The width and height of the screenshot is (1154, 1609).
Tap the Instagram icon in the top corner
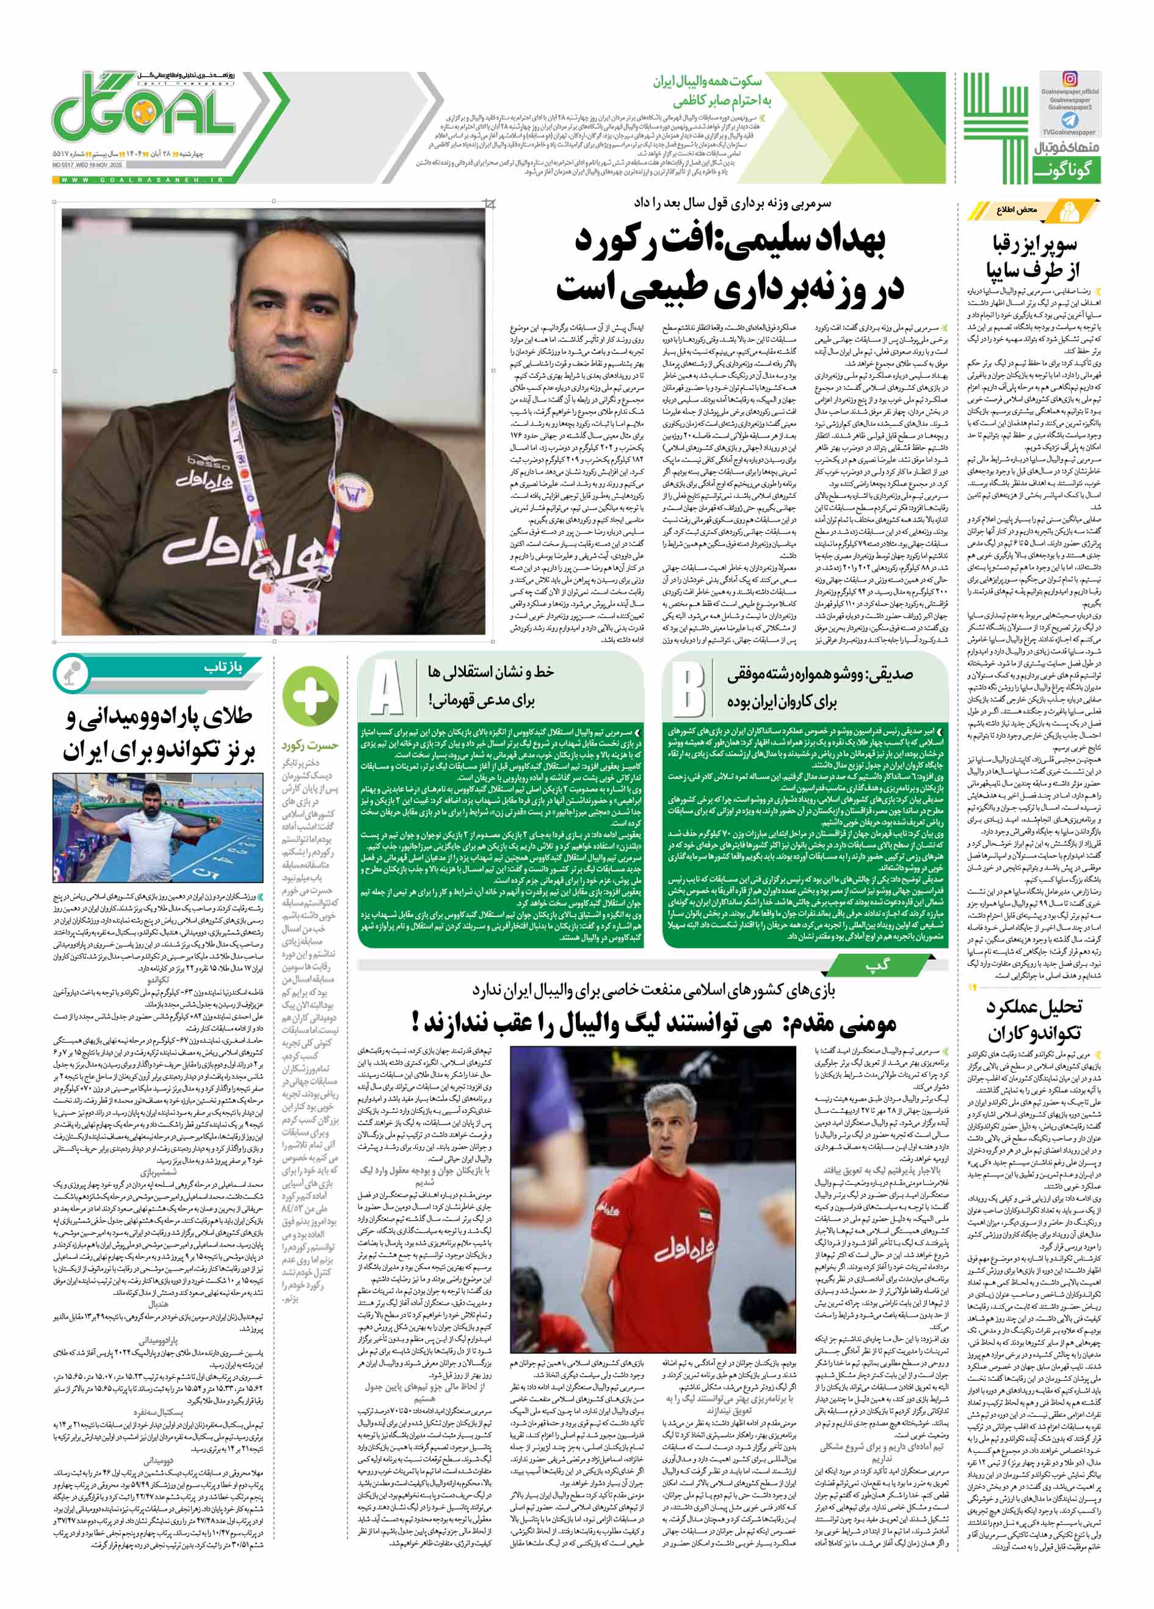tap(1069, 79)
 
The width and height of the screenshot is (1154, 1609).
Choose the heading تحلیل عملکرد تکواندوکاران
tap(1033, 1018)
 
